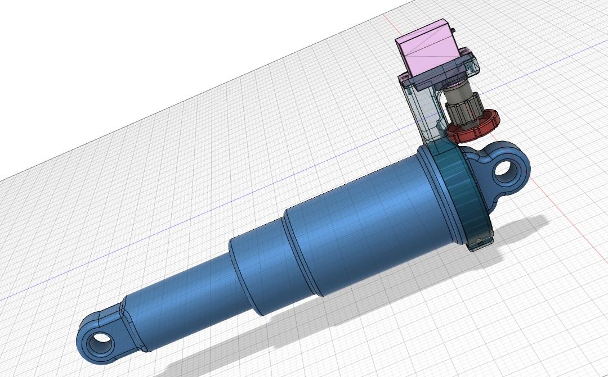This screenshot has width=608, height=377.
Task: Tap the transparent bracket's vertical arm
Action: [420, 112]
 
